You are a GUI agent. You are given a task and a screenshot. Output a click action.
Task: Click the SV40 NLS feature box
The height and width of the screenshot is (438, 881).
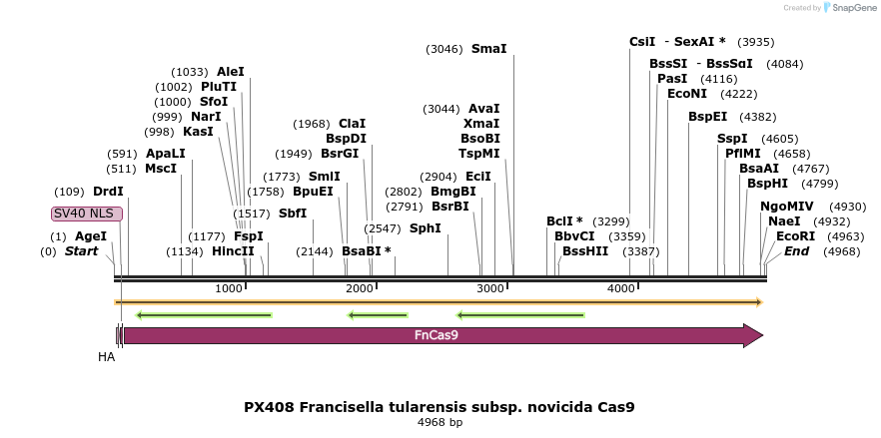[x=87, y=214]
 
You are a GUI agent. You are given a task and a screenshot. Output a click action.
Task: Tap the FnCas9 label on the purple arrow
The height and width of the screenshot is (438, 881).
[x=436, y=336]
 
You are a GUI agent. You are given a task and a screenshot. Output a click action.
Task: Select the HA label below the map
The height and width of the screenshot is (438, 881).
[x=107, y=356]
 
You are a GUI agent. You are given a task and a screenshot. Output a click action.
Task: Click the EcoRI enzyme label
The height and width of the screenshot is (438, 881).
[x=795, y=236]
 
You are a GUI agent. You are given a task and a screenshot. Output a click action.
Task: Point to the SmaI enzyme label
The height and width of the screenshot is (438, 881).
[x=488, y=49]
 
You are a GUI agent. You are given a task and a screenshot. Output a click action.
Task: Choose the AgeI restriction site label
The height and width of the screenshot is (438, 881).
[x=91, y=236]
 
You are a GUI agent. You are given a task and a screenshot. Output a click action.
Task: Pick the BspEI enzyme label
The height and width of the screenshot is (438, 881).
[x=707, y=117]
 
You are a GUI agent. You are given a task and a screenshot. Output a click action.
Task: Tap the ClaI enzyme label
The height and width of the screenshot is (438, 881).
[x=352, y=124]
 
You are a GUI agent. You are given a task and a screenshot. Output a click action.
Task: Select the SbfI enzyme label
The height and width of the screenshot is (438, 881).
[x=293, y=214]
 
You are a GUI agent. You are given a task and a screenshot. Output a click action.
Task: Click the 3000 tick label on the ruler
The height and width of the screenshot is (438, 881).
[x=491, y=288]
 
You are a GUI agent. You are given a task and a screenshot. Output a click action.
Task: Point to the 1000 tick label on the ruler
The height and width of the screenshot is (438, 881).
[x=230, y=288]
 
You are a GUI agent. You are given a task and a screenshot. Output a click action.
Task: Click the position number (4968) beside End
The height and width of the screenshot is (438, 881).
[x=841, y=251]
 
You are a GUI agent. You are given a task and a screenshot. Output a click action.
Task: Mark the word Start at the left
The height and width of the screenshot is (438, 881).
[x=81, y=251]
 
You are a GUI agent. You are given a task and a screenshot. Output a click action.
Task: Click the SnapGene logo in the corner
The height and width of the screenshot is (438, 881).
[x=849, y=7]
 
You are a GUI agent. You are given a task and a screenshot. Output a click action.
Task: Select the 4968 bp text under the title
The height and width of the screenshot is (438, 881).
[x=440, y=423]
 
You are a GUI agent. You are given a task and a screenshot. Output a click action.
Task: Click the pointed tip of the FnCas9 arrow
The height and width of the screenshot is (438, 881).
[x=761, y=335]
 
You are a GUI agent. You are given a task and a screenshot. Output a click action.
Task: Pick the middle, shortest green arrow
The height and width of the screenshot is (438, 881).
[x=377, y=315]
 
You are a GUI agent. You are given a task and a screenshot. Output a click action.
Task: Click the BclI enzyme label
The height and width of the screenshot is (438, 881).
[x=564, y=221]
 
